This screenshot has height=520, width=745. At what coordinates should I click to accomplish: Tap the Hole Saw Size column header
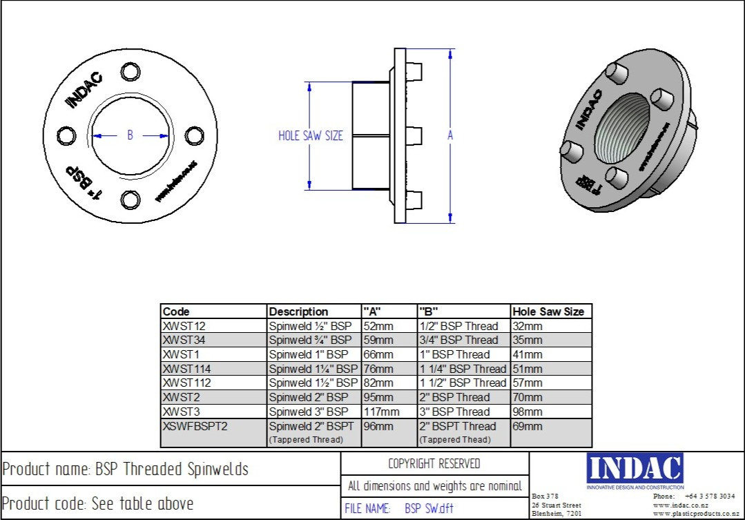(x=551, y=311)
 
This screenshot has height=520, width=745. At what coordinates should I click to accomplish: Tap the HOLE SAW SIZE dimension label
(x=310, y=136)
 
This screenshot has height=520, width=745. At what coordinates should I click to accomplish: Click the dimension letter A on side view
(x=450, y=136)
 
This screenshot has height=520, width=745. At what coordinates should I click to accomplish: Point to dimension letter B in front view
(x=130, y=136)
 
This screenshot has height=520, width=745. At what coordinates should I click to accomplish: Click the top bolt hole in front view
(x=129, y=72)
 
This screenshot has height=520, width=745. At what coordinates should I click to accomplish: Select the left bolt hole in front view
(x=66, y=136)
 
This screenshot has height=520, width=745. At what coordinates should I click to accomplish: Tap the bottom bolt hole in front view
(x=129, y=200)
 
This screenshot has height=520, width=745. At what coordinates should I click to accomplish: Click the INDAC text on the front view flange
(x=84, y=90)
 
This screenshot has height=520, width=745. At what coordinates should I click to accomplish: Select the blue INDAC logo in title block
(x=635, y=468)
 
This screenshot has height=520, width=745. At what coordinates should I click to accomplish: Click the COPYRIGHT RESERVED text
(x=434, y=463)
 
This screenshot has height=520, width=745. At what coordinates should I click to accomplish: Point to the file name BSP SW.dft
(x=429, y=510)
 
